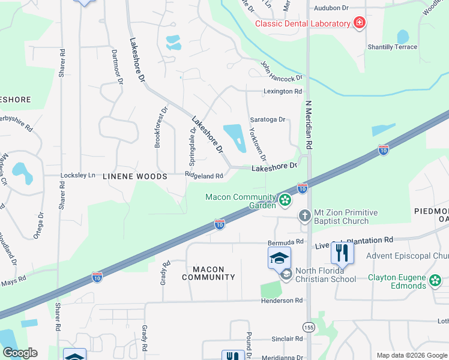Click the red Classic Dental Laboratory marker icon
pyautogui.click(x=359, y=23)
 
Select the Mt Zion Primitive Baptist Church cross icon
pyautogui.click(x=305, y=216)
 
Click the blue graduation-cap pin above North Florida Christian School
pyautogui.click(x=279, y=257)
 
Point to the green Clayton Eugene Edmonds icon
pyautogui.click(x=435, y=279)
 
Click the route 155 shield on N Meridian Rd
pyautogui.click(x=309, y=327)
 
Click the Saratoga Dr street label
pyautogui.click(x=267, y=119)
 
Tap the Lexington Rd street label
pyautogui.click(x=282, y=91)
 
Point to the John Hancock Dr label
pyautogui.click(x=281, y=71)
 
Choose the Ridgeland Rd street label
pyautogui.click(x=204, y=176)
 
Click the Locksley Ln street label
pyautogui.click(x=78, y=175)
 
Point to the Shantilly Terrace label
pyautogui.click(x=393, y=47)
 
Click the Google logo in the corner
pyautogui.click(x=20, y=352)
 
